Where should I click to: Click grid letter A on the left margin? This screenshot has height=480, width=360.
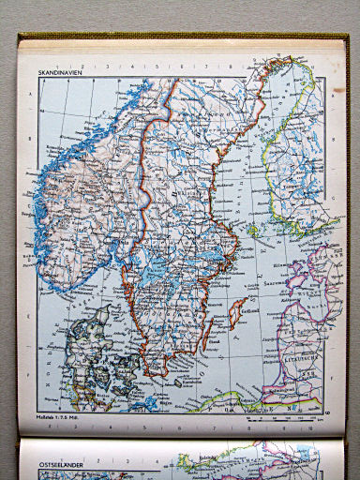click(x=33, y=94)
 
